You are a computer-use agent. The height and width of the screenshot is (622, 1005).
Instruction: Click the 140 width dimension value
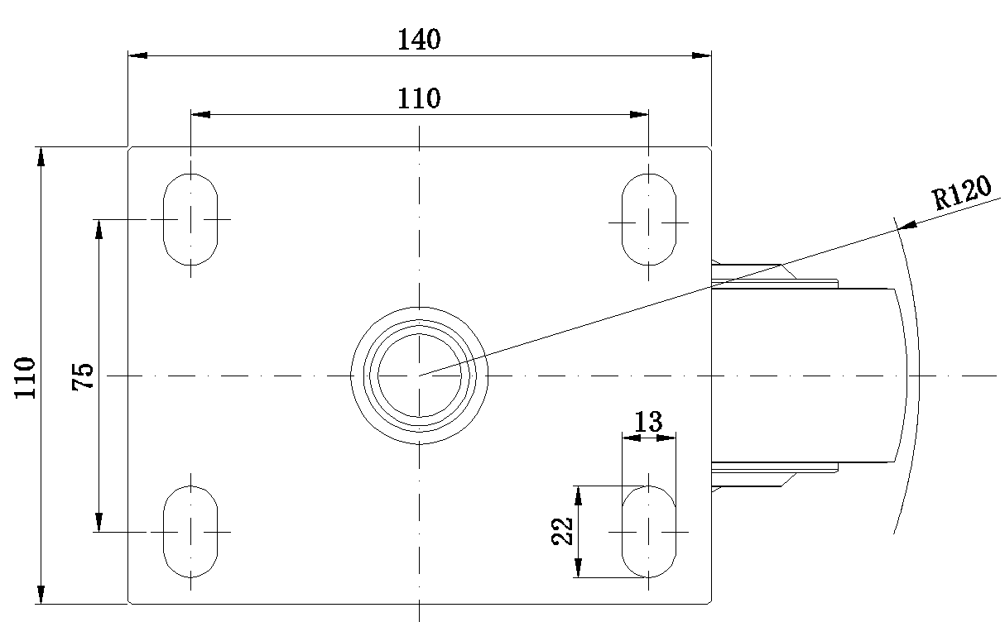(x=419, y=39)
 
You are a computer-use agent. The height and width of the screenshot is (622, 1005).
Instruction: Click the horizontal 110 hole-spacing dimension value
(x=419, y=98)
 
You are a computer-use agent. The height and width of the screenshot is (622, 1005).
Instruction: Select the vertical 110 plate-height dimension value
(x=25, y=378)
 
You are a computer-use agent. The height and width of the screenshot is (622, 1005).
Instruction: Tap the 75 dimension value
(x=83, y=376)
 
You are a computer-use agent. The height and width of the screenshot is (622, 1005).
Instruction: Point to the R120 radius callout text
(x=961, y=193)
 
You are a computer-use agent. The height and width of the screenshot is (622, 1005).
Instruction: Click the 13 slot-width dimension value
(x=648, y=421)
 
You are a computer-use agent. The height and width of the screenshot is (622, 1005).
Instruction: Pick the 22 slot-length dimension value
(x=562, y=532)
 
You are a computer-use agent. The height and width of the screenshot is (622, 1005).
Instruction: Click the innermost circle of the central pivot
(x=420, y=334)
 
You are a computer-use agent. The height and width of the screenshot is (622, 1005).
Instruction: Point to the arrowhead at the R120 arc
(x=907, y=226)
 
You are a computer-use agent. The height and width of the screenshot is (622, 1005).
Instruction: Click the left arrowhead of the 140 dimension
(x=137, y=55)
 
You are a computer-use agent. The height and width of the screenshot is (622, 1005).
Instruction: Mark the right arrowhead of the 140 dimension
(x=701, y=55)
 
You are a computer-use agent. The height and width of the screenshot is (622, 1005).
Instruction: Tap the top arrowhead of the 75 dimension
(x=99, y=229)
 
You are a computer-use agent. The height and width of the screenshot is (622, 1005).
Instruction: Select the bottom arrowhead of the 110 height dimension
(x=41, y=594)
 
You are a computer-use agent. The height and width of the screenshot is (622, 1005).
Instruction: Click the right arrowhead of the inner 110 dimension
(x=639, y=114)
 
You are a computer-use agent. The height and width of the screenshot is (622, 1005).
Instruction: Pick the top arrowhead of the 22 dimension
(x=579, y=495)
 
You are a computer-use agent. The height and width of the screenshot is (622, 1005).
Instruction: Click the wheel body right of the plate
(x=808, y=376)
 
